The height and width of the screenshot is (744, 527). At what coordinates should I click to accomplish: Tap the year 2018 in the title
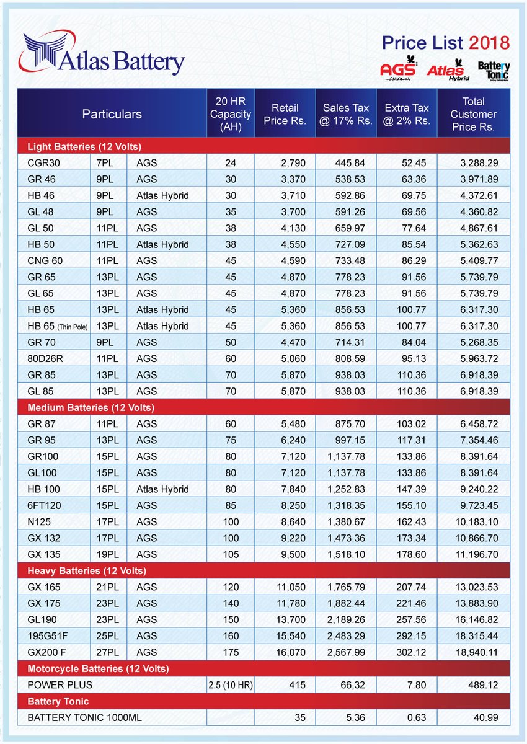(x=489, y=43)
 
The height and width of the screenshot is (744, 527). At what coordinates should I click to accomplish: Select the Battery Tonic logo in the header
(x=494, y=71)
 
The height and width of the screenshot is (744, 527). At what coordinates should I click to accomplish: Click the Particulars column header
(x=112, y=114)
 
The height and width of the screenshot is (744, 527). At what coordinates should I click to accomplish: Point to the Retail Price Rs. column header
(x=285, y=114)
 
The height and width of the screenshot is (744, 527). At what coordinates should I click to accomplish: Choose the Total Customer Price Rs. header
(x=473, y=114)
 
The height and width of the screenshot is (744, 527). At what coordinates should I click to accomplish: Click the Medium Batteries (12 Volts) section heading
(x=91, y=407)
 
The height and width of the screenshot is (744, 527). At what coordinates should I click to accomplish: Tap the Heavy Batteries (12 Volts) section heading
(x=87, y=570)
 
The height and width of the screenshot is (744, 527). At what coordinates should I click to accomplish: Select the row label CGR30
(x=44, y=163)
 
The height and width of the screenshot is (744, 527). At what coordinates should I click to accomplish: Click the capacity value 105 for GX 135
(x=230, y=554)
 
